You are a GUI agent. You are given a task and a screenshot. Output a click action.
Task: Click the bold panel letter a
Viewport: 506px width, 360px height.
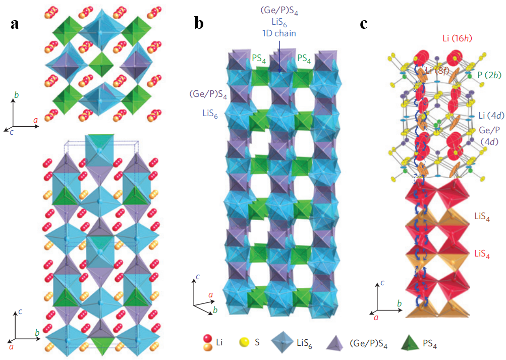coord(15,24)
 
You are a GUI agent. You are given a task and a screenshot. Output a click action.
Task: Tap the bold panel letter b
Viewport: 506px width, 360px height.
coord(199,23)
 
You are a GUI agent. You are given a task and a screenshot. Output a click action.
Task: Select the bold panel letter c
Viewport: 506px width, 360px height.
coord(364,24)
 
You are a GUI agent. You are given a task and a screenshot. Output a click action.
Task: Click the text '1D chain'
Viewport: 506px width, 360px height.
coord(279,33)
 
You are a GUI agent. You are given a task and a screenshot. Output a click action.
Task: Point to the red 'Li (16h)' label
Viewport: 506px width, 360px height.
coord(457,38)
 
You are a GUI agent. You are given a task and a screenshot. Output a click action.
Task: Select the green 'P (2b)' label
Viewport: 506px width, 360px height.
coord(489,75)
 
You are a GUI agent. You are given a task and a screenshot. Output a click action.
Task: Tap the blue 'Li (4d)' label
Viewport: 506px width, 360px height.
coord(491,115)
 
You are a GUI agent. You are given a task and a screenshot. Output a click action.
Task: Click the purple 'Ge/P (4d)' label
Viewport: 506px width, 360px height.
coord(489,136)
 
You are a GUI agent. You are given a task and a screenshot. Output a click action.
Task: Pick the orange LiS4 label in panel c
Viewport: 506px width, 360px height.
coord(482,217)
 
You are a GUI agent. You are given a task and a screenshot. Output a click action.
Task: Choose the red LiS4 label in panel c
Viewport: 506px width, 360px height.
coord(482,254)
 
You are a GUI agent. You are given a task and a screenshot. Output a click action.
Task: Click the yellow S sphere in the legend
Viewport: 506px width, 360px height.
coord(244,342)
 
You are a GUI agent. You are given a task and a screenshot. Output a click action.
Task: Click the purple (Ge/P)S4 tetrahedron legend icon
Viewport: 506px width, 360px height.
coord(335,343)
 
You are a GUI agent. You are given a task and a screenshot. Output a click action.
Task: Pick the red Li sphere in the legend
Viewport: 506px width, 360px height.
coord(208,339)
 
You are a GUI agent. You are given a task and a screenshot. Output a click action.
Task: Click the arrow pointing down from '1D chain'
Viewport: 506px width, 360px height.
coord(279,56)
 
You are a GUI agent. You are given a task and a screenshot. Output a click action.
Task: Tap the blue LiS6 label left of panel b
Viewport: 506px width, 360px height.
coord(210,113)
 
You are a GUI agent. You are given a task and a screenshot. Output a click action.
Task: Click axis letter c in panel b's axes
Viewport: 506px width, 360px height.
coord(198,277)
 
